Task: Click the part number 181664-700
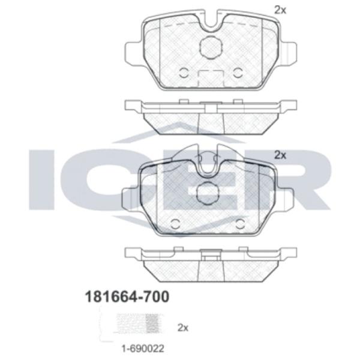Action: click(127, 296)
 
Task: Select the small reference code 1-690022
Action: click(143, 349)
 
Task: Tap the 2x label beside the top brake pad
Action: click(280, 10)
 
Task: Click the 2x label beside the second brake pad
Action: click(280, 155)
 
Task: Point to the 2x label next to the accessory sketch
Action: click(183, 328)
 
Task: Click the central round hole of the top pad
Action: click(210, 47)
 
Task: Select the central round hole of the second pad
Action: click(208, 193)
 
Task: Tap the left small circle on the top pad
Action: click(184, 73)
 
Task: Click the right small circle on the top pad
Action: click(238, 73)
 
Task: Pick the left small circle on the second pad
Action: click(176, 223)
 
